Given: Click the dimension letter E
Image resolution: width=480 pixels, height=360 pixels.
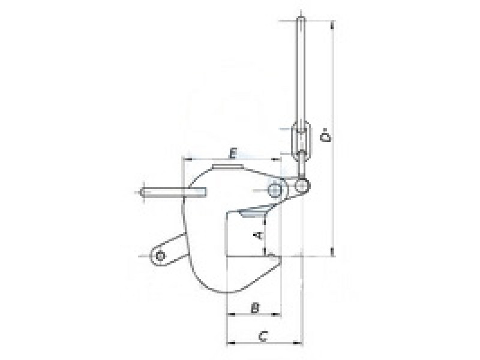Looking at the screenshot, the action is [233, 153].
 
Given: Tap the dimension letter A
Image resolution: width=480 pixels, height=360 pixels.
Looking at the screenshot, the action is [259, 235].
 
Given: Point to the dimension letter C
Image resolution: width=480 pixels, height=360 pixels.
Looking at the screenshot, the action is [263, 336].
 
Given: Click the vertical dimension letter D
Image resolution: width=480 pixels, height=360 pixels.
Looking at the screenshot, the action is [325, 137].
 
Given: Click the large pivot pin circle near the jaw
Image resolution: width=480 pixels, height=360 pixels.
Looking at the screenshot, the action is [275, 190].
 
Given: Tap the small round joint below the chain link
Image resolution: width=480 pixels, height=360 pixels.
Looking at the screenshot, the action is [303, 185].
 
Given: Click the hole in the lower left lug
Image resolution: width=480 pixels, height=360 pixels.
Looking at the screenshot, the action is [160, 256].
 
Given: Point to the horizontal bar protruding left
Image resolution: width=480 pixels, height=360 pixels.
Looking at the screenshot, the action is [173, 192].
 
